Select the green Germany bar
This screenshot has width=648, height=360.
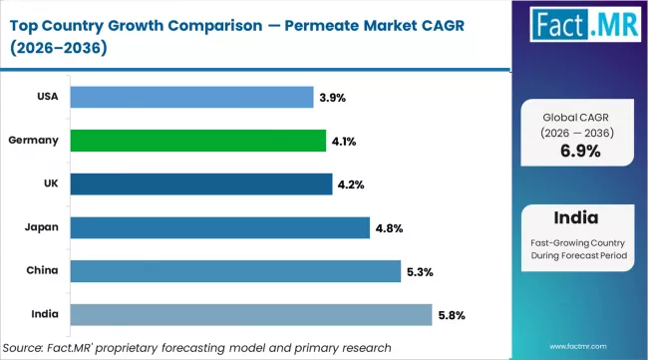tap(200, 141)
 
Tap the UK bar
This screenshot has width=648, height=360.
tap(202, 184)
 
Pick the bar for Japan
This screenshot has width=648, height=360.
tap(221, 228)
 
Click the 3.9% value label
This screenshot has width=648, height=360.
tap(331, 98)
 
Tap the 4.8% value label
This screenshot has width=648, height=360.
tap(389, 228)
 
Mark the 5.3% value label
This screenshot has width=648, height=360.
tap(420, 272)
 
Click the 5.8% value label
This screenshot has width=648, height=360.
tap(452, 316)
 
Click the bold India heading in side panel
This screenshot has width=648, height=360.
tap(579, 217)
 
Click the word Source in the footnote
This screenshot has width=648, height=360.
tap(29, 346)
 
